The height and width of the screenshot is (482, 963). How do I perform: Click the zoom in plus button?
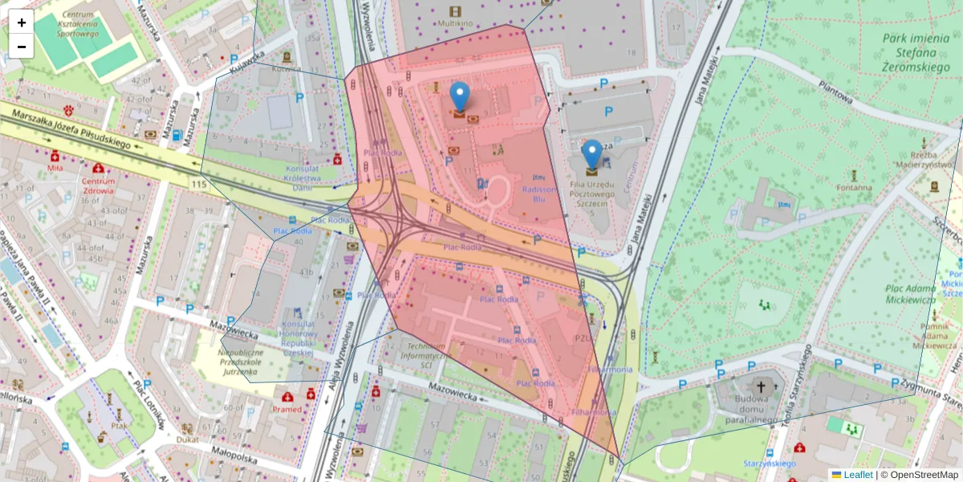click(22, 22)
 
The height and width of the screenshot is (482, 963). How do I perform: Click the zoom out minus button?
click(22, 47)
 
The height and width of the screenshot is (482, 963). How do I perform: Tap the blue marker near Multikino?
click(459, 96)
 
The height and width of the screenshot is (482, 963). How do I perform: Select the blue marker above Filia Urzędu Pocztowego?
click(591, 154)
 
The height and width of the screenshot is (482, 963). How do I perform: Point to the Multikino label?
click(455, 23)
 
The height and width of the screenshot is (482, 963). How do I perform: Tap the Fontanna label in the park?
click(854, 188)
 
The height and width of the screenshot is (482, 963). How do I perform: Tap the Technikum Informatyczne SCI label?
click(426, 354)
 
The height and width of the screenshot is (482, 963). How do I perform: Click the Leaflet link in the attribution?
click(858, 475)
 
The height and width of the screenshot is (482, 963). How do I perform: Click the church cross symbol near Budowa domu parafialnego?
click(761, 386)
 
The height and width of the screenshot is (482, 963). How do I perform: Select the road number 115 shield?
click(200, 185)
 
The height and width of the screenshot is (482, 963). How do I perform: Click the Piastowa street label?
click(835, 91)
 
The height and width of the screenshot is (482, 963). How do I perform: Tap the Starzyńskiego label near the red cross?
click(769, 464)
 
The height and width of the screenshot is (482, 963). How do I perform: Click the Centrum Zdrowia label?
click(99, 186)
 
